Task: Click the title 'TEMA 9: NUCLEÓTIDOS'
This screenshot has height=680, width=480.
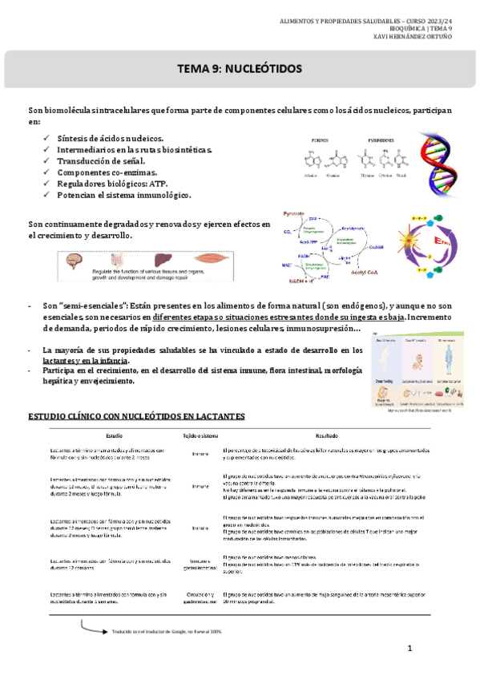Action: click(x=240, y=70)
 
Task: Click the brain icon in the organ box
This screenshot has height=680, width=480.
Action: click(x=79, y=261)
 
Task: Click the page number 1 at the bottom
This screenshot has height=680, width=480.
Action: click(x=409, y=648)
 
